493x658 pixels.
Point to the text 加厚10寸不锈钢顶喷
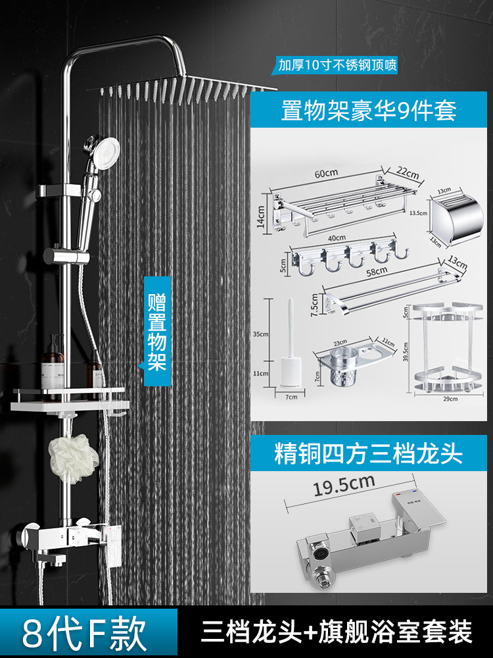click(x=337, y=64)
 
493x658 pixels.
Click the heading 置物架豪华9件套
click(x=368, y=110)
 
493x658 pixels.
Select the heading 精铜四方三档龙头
click(x=368, y=454)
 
